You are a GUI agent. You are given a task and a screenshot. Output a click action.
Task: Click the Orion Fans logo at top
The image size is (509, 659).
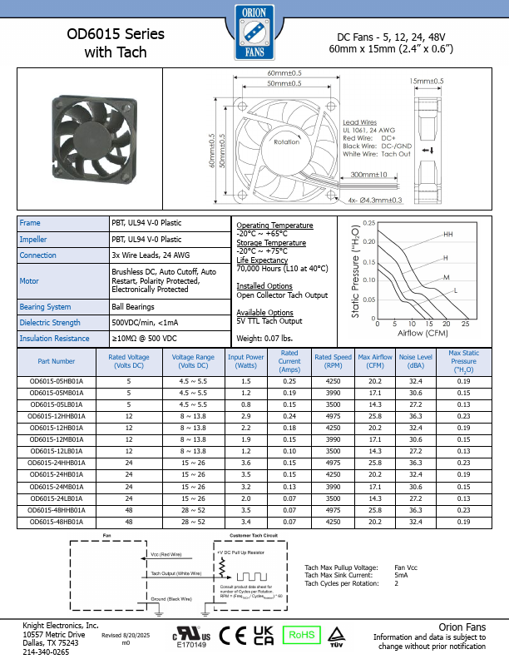pyautogui.click(x=254, y=31)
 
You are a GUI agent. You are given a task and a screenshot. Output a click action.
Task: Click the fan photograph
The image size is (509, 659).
pyautogui.click(x=90, y=140)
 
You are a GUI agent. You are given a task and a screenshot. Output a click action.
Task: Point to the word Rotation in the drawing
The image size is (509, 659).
pyautogui.click(x=287, y=142)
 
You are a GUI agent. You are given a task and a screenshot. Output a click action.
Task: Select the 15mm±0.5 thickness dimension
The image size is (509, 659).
pyautogui.click(x=427, y=81)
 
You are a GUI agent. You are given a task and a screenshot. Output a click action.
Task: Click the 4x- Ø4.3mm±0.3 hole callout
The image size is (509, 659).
pyautogui.click(x=363, y=200)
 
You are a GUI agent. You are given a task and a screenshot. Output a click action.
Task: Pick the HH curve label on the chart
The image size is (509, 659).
pyautogui.click(x=448, y=235)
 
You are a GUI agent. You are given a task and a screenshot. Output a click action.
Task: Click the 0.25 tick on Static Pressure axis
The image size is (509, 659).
pyautogui.click(x=369, y=224)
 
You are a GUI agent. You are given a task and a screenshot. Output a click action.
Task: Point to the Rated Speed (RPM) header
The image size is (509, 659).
pyautogui.click(x=334, y=361)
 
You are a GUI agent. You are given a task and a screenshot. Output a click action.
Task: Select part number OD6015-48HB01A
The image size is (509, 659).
pyautogui.click(x=57, y=521)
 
